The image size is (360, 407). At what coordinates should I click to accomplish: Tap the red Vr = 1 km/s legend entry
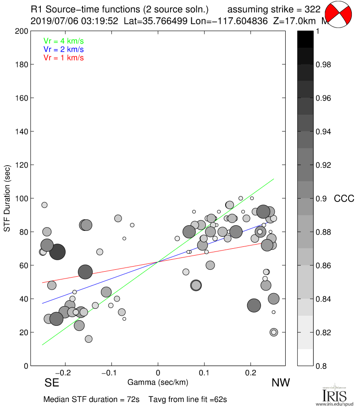tap(63, 57)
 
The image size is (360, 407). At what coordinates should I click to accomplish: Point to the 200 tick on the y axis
tap(20, 31)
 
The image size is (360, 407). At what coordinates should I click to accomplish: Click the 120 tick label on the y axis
tap(20, 165)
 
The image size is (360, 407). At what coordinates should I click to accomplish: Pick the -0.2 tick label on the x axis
tap(64, 373)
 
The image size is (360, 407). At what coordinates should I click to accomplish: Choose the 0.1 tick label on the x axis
tap(205, 373)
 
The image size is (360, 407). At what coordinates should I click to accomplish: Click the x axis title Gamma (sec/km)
tap(158, 382)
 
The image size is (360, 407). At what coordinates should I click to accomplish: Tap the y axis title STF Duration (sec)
tap(7, 198)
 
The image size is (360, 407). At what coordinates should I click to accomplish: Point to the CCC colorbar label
tap(344, 199)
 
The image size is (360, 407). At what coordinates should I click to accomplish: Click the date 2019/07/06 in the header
tap(54, 21)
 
